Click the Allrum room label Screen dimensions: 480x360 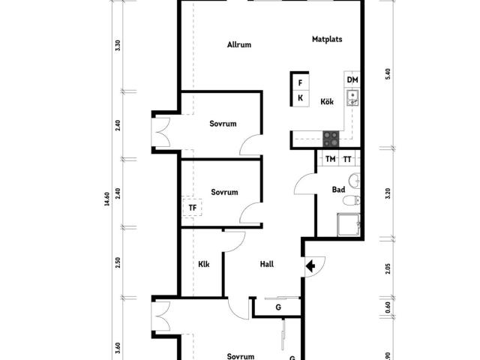click(x=239, y=45)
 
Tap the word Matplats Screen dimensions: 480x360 click(x=327, y=39)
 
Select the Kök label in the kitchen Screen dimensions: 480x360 click(x=327, y=101)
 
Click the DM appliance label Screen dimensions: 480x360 click(x=352, y=80)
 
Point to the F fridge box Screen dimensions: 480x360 click(x=300, y=82)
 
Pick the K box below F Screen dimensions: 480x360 click(x=300, y=98)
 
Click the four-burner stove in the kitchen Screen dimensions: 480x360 click(x=331, y=139)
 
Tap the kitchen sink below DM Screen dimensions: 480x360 click(x=352, y=97)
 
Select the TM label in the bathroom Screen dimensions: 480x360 click(x=330, y=159)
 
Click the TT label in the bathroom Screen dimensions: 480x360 click(x=347, y=159)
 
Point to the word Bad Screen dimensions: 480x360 click(x=338, y=190)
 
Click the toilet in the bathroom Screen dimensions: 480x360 click(x=352, y=200)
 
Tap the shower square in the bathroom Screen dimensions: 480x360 click(x=349, y=225)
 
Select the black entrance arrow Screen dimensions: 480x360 click(x=310, y=266)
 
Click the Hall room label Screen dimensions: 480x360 click(x=267, y=264)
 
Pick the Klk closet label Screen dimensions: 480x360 click(x=204, y=264)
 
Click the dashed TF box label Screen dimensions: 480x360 click(x=192, y=208)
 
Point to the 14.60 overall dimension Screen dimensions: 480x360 click(x=106, y=199)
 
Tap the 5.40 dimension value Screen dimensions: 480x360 click(x=388, y=73)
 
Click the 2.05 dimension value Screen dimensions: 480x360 click(x=388, y=268)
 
